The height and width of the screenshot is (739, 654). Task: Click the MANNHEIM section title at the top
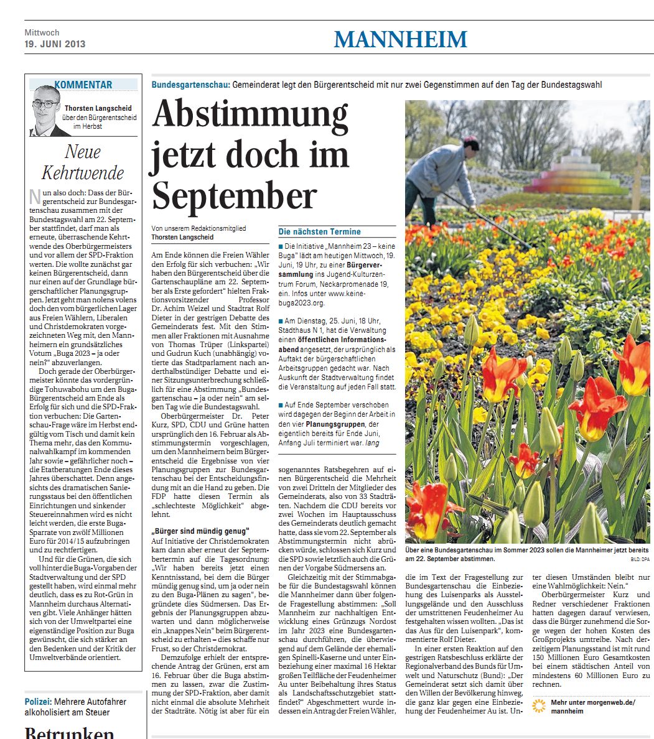pyautogui.click(x=400, y=39)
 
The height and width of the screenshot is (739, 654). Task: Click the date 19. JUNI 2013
pyautogui.click(x=55, y=44)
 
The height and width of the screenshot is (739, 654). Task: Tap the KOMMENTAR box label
pyautogui.click(x=83, y=85)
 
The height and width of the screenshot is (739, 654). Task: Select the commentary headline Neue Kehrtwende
pyautogui.click(x=83, y=162)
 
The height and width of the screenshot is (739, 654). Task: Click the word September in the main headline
pyautogui.click(x=235, y=195)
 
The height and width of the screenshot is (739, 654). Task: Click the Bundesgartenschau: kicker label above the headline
pyautogui.click(x=191, y=85)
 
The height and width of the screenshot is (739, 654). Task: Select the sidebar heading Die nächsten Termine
pyautogui.click(x=320, y=231)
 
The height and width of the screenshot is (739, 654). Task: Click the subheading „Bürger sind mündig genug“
pyautogui.click(x=200, y=531)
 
